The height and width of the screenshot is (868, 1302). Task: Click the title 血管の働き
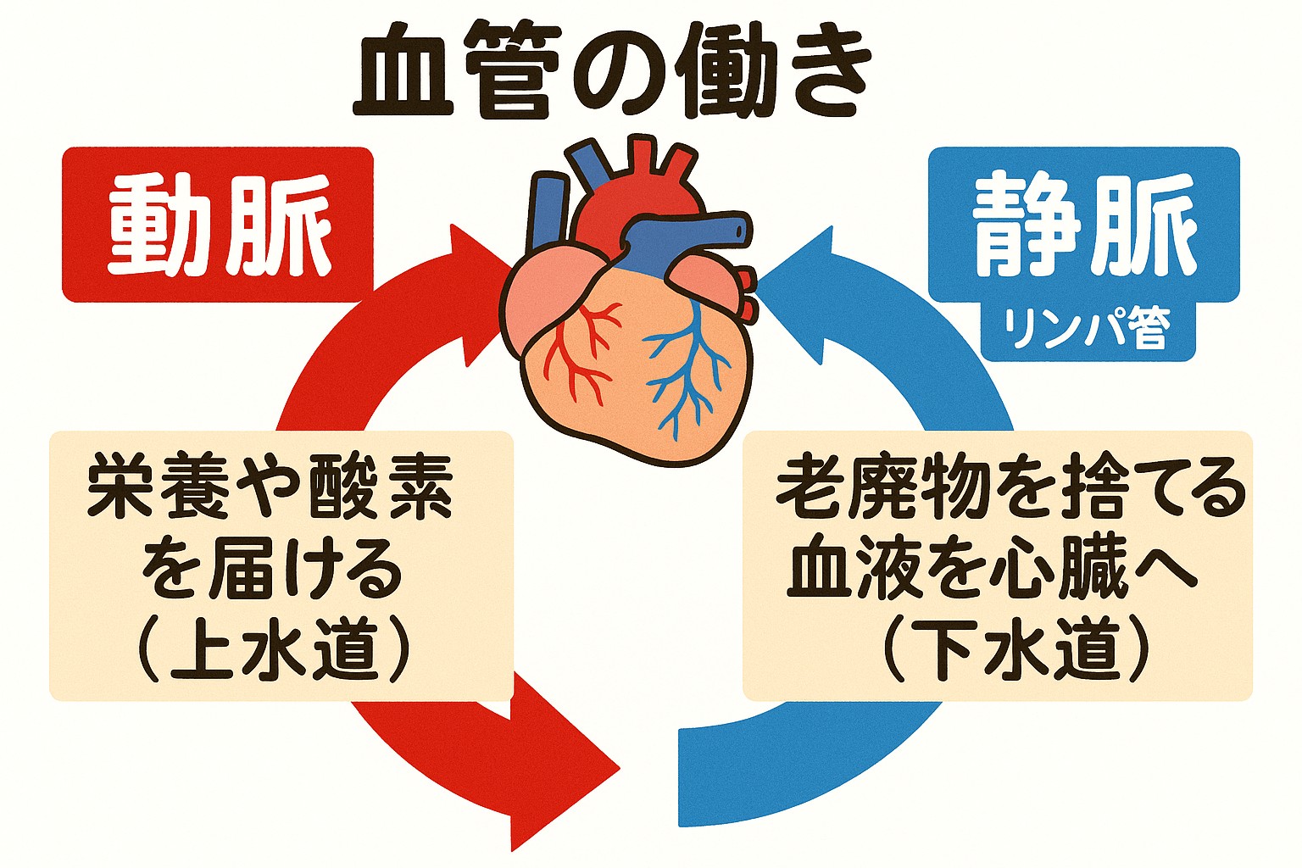point(612,71)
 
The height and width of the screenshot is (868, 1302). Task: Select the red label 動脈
point(219,225)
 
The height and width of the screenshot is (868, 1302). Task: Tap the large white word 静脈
point(1084,225)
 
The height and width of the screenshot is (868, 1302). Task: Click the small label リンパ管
point(1088,329)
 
